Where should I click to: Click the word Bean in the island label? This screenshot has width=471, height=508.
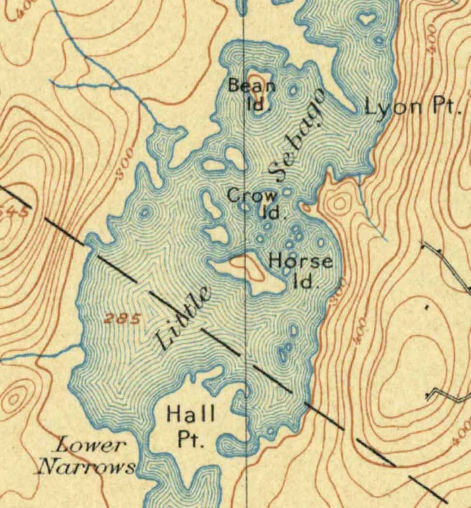tap(252, 86)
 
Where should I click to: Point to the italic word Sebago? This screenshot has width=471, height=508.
tap(296, 136)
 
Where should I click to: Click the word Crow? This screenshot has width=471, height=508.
tap(252, 196)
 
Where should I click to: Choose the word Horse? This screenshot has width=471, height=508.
tap(300, 262)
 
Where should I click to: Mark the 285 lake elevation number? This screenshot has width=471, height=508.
tap(123, 319)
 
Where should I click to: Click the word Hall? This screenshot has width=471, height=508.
tap(190, 413)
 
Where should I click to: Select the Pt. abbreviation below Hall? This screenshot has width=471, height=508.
tap(191, 439)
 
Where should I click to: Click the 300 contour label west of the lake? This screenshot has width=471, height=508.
tap(125, 164)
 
